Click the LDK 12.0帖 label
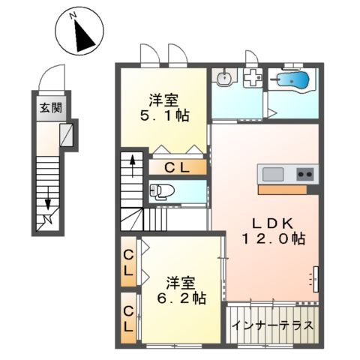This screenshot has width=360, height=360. pos(272,230)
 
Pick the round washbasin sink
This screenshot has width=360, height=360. pos(223,78)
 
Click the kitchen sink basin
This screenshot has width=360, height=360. pos(272,175)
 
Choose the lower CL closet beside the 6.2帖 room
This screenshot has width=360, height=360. pos(129,318)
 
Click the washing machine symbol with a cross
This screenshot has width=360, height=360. pos(252,76)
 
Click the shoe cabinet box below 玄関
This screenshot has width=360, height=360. pos(66,135)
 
